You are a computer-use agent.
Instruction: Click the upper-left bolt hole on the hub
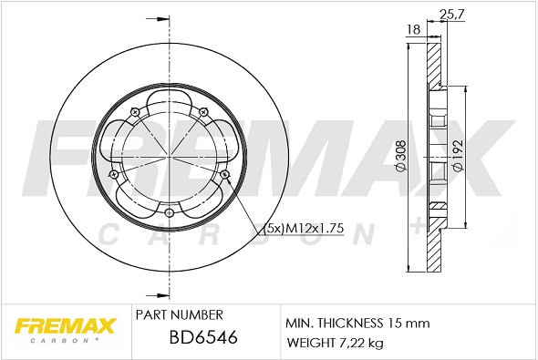tap(134, 112)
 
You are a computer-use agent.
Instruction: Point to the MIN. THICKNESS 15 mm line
tap(357, 323)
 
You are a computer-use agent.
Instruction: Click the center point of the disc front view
tap(170, 156)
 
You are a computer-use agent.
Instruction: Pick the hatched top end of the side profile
tap(434, 64)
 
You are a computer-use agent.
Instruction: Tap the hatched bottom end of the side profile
tap(434, 251)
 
